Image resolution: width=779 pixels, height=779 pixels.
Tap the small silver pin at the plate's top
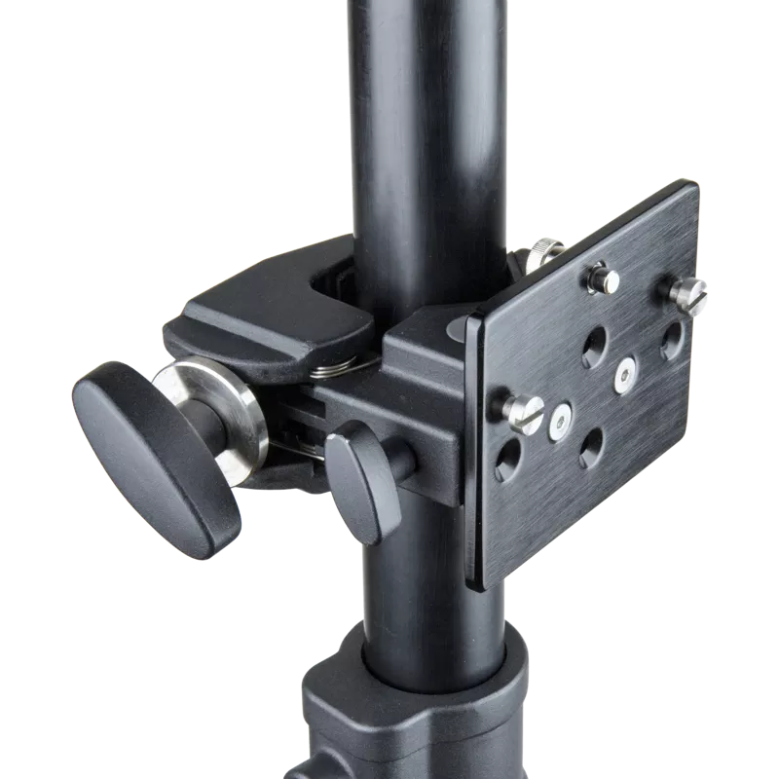pos(609,279)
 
